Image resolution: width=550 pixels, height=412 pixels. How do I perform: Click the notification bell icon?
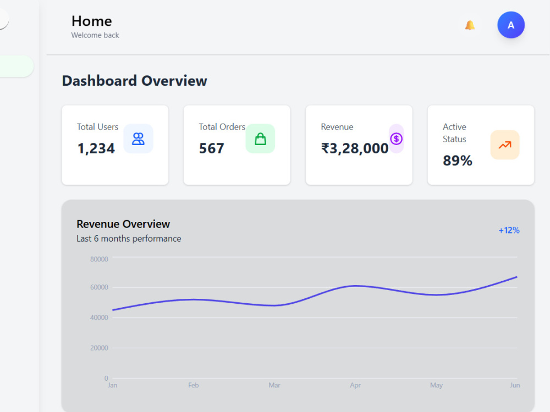pos(470,25)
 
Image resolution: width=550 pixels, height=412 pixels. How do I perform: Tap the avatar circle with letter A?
pos(511,25)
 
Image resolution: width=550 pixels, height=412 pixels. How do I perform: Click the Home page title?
pos(91,21)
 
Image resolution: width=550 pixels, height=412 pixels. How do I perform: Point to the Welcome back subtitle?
pos(95,35)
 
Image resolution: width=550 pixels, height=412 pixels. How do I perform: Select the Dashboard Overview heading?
pos(134,81)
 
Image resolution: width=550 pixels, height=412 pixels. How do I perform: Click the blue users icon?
pos(138,139)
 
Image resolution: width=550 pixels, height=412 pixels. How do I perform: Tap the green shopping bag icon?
pos(260,139)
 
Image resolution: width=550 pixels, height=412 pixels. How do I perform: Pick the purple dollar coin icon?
pos(397,139)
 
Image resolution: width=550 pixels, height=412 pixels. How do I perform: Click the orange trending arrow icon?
pos(505,144)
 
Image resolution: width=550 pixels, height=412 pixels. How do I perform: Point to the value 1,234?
pos(96,148)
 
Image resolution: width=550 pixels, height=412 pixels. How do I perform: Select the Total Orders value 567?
pos(212,148)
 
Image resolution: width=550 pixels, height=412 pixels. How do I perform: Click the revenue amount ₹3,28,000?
pos(355,148)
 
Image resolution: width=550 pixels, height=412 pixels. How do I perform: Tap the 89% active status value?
pos(458,160)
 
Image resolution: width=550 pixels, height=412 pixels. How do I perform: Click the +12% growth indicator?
pos(509,230)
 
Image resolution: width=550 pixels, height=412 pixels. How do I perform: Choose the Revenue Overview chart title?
pos(123,224)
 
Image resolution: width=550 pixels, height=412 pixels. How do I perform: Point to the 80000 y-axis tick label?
pos(99,259)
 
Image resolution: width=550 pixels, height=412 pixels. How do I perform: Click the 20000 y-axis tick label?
pos(99,348)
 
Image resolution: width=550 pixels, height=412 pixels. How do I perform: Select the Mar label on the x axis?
pos(274,386)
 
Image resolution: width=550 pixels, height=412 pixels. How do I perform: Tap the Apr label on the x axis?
pos(355,386)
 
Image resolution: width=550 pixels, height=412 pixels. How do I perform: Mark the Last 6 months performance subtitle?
pos(129,238)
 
